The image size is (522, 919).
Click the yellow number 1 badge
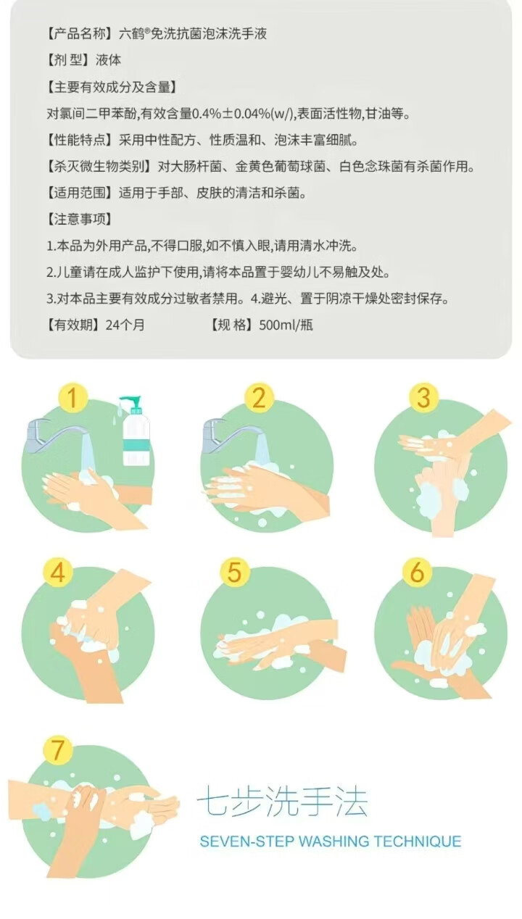tap(72, 398)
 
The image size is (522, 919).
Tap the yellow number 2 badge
tap(259, 398)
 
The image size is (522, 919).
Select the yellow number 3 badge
tap(423, 398)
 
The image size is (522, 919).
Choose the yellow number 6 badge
tap(417, 572)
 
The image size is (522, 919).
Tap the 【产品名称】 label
tap(80, 33)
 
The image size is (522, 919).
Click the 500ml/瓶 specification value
tap(286, 325)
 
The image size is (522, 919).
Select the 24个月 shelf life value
tap(125, 325)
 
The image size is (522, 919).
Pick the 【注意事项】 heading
tap(80, 220)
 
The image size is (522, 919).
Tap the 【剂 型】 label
tap(70, 60)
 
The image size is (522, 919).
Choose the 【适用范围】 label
tap(80, 193)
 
